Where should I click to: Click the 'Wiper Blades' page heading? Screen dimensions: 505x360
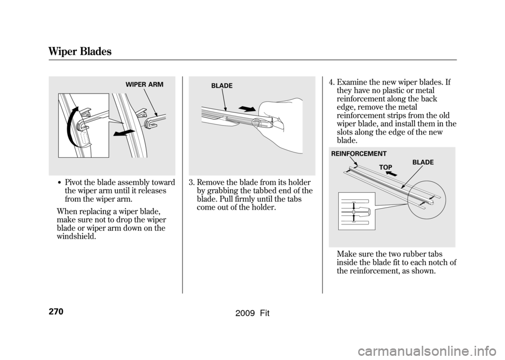[80, 52]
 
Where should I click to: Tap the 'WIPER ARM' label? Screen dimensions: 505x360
[144, 85]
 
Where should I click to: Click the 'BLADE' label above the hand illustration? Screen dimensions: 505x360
[221, 86]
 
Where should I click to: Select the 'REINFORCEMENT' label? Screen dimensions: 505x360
[359, 154]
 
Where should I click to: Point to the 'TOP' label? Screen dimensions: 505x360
[386, 167]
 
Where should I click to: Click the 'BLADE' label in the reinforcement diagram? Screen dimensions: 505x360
[423, 162]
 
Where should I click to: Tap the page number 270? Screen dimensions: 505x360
[56, 312]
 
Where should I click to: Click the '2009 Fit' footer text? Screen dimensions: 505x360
[252, 313]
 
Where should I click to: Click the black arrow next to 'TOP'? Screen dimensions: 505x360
[391, 174]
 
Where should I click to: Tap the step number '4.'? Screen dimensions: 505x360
[332, 83]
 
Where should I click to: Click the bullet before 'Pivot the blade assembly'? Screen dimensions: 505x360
[61, 183]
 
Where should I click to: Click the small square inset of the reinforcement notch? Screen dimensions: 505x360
[357, 211]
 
